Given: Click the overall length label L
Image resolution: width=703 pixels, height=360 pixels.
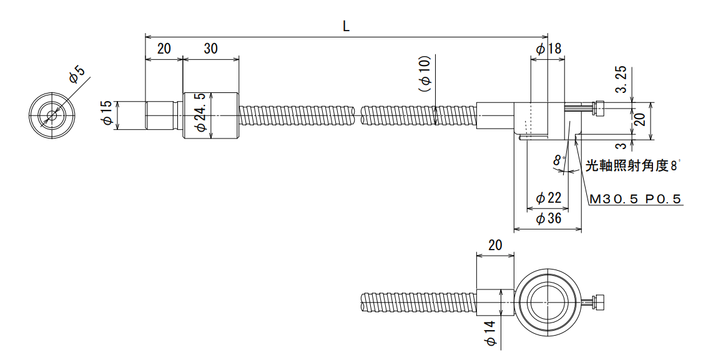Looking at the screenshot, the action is tap(346, 26).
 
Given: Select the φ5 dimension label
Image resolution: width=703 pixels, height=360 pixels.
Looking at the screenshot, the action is tap(77, 74).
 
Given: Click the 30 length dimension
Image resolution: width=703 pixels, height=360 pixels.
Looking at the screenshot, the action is tap(210, 49).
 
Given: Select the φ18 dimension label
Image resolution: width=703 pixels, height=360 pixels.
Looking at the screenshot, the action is tap(548, 49).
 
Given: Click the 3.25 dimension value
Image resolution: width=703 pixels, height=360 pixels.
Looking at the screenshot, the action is tap(621, 80).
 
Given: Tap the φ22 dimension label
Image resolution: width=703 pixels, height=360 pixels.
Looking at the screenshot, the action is tap(549, 197).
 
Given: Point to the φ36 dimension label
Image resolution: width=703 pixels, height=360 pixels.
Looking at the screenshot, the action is tap(549, 218).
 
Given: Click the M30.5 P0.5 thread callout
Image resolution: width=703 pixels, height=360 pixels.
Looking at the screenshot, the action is tap(636, 199).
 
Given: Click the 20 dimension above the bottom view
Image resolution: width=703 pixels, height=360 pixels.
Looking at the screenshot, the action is tap(495, 245).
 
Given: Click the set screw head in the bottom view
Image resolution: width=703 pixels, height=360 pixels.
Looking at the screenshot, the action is tap(599, 302).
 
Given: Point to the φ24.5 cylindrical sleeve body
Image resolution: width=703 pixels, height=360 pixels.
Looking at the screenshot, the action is tap(211, 115).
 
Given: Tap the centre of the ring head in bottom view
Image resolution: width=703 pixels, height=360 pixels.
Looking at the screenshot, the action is tap(548, 302).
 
